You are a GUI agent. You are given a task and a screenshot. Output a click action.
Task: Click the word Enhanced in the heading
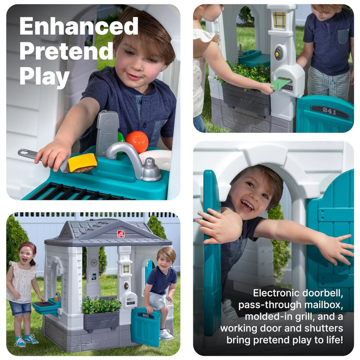[79, 26]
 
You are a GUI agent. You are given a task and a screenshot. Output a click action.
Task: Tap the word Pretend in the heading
[67, 51]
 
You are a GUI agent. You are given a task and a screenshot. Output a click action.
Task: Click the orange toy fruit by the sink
[137, 142]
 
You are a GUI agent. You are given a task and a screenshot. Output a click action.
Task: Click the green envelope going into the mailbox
[280, 84]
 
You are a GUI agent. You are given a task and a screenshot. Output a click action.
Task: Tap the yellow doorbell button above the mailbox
[277, 54]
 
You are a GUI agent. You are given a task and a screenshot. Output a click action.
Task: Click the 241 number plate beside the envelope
[329, 112]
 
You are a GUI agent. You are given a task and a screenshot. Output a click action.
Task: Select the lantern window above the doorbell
[279, 20]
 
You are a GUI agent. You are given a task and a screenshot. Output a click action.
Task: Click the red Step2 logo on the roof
[121, 234]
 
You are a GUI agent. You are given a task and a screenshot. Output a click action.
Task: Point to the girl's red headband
[28, 247]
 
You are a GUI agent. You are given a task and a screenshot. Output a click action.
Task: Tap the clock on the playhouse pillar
[94, 262]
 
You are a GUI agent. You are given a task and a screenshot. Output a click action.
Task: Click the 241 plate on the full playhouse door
[146, 315]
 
